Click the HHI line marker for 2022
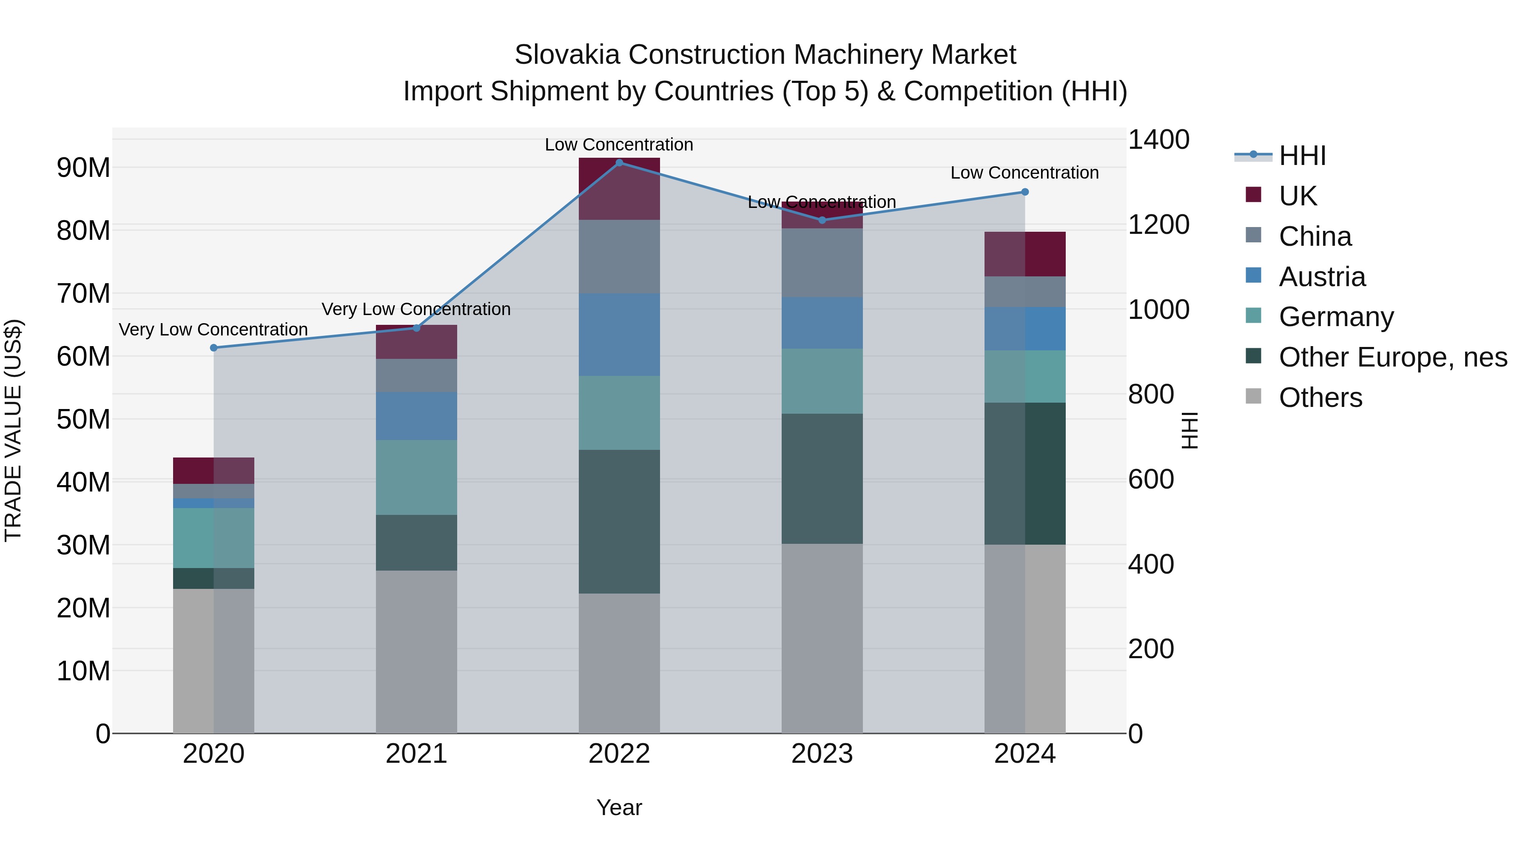point(619,162)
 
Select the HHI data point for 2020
point(213,348)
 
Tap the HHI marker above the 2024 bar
point(1024,192)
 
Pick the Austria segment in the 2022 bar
point(619,334)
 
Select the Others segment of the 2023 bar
point(822,638)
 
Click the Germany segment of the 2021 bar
point(416,477)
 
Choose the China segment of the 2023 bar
point(822,263)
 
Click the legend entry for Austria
point(1322,277)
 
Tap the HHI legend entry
point(1302,156)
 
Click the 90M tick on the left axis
point(83,168)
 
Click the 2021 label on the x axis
point(416,754)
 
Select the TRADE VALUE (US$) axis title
point(13,430)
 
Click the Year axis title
point(619,807)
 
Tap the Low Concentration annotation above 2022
point(619,145)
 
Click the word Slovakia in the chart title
point(568,55)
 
